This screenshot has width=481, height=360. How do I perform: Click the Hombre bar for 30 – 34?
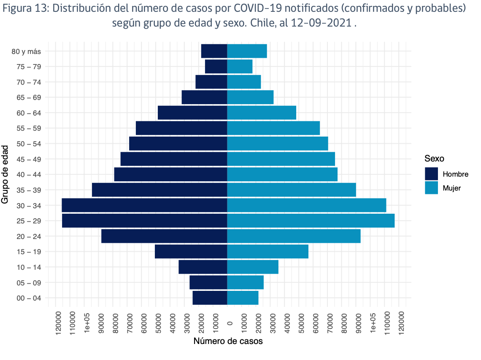(x=144, y=205)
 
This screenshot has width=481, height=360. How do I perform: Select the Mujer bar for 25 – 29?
(x=311, y=221)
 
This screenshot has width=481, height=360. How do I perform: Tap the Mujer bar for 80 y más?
(x=247, y=51)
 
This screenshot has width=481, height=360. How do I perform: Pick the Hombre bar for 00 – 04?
(x=210, y=298)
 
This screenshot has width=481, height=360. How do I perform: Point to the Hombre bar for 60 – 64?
(x=192, y=113)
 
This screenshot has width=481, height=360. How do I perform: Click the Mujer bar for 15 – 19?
(x=268, y=252)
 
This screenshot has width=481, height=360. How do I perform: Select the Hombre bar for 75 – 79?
(x=216, y=67)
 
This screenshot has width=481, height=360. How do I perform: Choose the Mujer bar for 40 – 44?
(x=282, y=175)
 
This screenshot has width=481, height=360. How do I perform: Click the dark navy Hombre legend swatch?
(x=432, y=174)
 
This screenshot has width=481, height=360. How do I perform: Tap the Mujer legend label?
(x=451, y=188)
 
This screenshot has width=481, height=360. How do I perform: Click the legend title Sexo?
(x=434, y=159)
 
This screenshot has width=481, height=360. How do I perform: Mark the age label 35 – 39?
(x=30, y=190)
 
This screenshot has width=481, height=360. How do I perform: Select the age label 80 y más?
(x=26, y=51)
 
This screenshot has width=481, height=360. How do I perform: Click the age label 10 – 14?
(x=30, y=267)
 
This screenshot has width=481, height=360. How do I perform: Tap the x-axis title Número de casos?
(x=228, y=341)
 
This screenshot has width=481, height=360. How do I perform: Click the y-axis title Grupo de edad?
(x=5, y=175)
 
